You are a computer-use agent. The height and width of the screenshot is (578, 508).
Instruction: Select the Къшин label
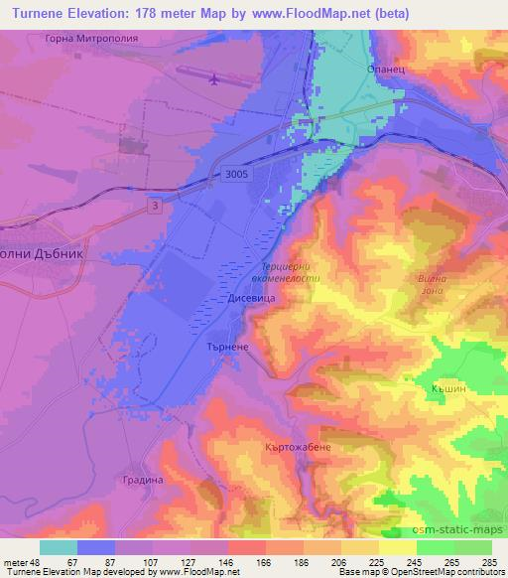click(x=449, y=388)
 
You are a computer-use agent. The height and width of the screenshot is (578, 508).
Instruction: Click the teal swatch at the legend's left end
click(x=59, y=547)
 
